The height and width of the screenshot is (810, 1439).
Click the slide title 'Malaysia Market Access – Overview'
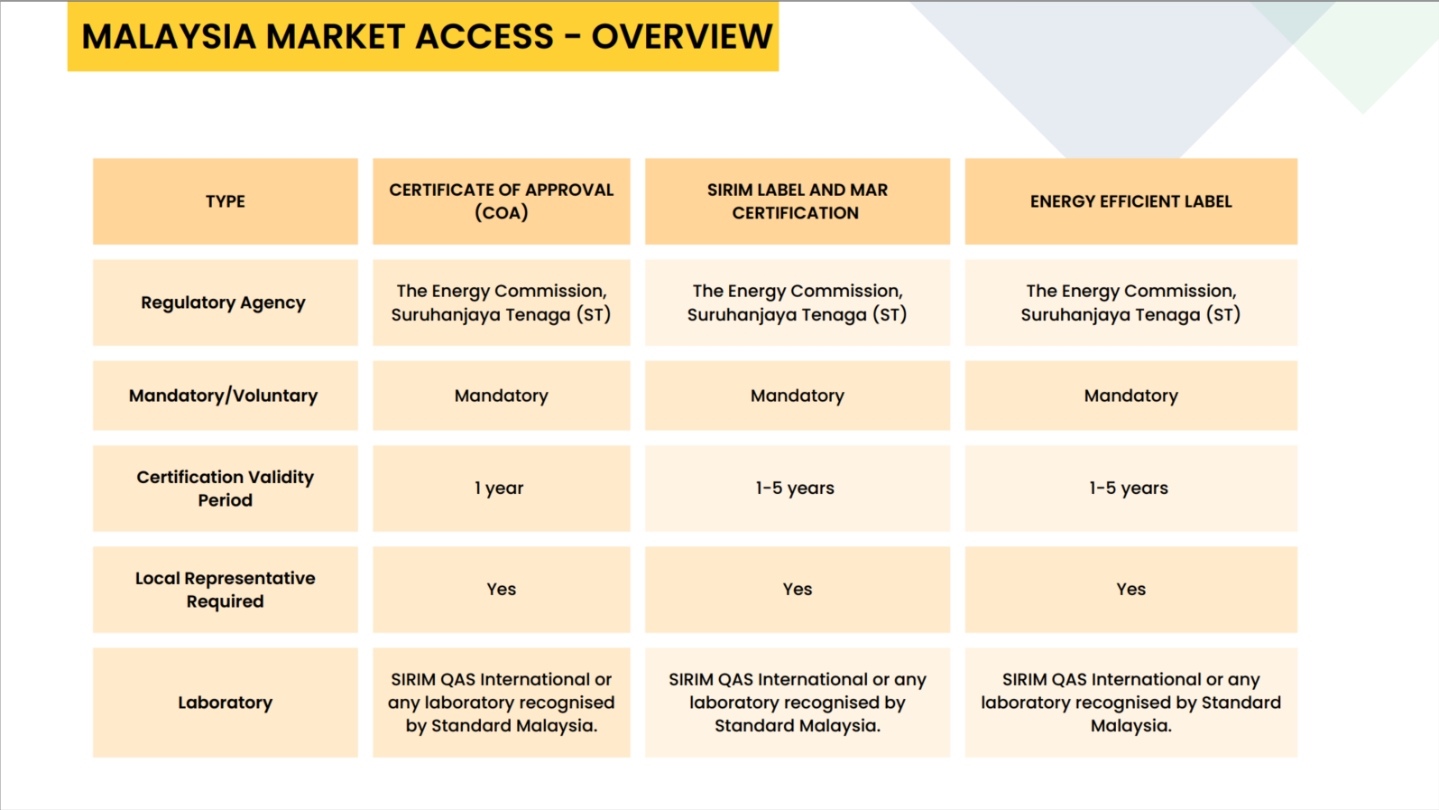tap(427, 36)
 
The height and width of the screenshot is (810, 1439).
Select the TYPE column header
tap(225, 201)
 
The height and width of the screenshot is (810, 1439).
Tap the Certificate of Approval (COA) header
tap(501, 201)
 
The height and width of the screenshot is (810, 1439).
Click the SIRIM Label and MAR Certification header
tap(798, 201)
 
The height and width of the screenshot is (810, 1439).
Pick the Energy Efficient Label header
tap(1130, 201)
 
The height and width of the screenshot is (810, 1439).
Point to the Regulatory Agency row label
tap(223, 303)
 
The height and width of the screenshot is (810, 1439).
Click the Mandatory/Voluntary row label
tap(223, 396)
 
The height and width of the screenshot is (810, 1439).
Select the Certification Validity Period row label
tap(225, 488)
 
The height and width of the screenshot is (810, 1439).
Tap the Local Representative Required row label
tap(225, 590)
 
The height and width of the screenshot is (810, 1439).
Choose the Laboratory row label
tap(225, 702)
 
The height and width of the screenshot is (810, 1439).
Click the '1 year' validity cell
tap(499, 488)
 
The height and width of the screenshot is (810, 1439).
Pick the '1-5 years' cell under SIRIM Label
tap(795, 488)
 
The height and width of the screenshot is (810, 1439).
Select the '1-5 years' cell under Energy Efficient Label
tap(1129, 488)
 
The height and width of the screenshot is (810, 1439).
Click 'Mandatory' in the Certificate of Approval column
tap(501, 396)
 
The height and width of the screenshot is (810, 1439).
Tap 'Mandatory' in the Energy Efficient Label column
tap(1130, 396)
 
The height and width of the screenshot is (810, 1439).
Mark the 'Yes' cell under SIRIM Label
tap(798, 589)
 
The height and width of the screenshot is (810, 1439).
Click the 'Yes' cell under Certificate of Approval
tap(501, 589)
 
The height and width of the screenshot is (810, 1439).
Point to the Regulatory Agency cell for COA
tap(501, 303)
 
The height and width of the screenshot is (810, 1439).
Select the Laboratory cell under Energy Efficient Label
tap(1130, 702)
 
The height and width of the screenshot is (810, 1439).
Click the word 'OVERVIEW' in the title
tap(681, 36)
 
